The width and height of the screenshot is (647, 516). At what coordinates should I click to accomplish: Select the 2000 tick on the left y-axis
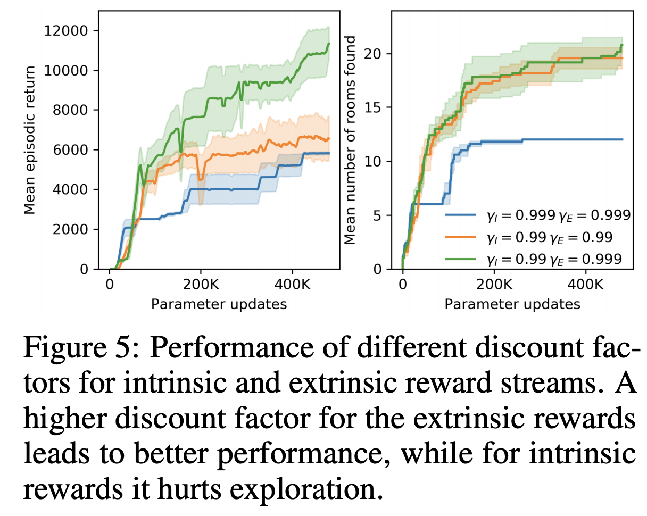point(76,229)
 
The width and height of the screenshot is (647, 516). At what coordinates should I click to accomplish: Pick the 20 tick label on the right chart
point(375,54)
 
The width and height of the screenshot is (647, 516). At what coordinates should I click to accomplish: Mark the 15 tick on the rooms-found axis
point(375,107)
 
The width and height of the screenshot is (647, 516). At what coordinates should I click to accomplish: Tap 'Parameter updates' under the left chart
point(219,304)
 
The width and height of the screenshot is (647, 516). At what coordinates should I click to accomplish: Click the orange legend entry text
point(555,237)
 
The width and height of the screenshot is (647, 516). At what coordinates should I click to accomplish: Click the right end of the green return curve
point(329,44)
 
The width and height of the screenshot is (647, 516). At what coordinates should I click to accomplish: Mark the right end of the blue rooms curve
point(623,139)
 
